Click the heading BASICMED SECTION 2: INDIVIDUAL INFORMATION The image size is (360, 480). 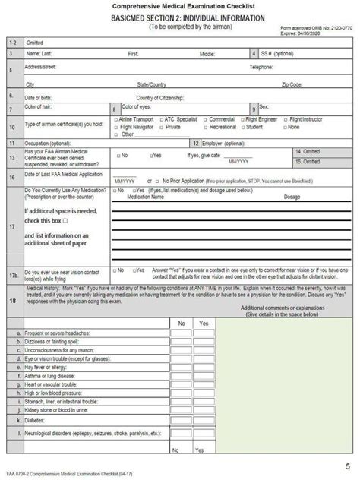click(x=179, y=16)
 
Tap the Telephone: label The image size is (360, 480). click(x=266, y=67)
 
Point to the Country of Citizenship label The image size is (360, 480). click(x=163, y=97)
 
